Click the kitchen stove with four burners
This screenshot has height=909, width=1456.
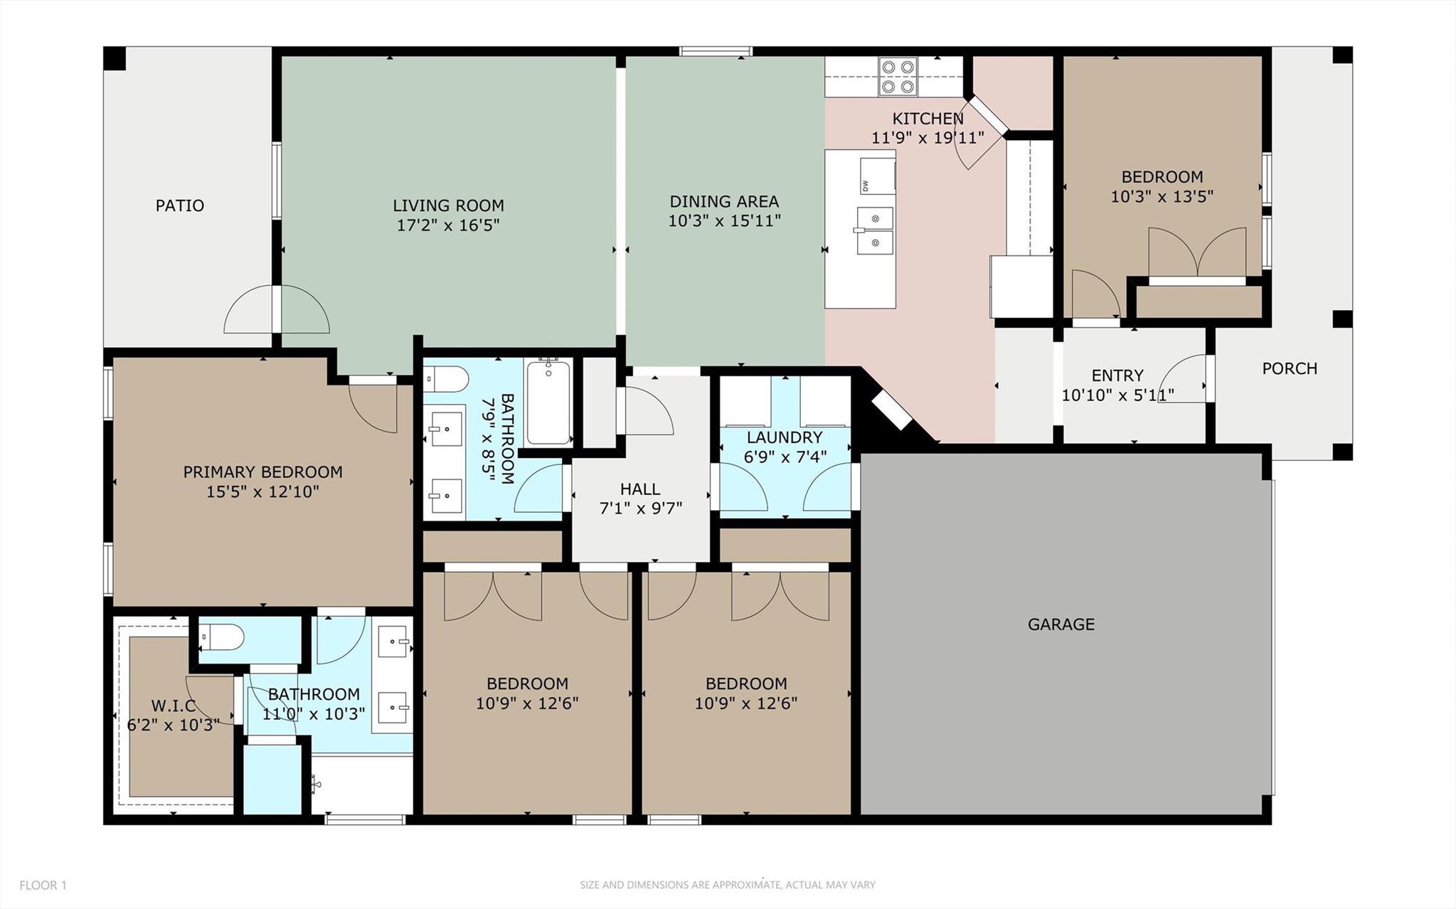pos(898,77)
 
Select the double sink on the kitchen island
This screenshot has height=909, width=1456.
pos(875,230)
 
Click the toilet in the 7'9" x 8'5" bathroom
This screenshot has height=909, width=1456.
pos(446,379)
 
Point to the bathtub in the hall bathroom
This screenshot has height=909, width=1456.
pos(548,403)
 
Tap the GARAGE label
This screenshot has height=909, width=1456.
pos(1061,624)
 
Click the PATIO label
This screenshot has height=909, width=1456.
pos(180,206)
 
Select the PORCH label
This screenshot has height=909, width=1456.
pos(1290,368)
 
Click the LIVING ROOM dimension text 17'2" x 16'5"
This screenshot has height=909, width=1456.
pos(448,225)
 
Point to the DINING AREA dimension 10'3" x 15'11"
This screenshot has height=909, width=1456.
pos(724,221)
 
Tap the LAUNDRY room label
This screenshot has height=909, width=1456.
pos(785,437)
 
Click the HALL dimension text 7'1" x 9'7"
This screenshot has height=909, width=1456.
pos(640,509)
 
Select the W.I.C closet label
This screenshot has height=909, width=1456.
pos(174,706)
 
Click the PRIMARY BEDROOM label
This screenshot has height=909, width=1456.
pos(262,472)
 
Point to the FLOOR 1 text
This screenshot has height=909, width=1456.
pos(43,886)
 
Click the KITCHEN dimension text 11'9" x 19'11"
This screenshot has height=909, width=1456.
pos(928,137)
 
